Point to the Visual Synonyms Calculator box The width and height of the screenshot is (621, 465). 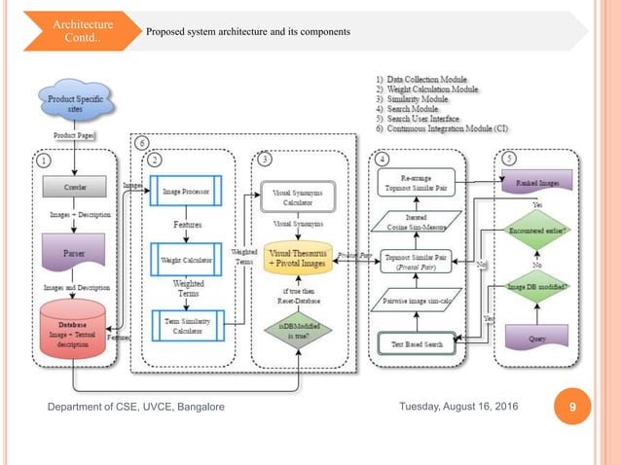pos(301,197)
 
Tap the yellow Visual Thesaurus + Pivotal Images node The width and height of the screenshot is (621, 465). pos(301,262)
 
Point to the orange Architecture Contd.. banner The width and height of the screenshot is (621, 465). pos(83,30)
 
